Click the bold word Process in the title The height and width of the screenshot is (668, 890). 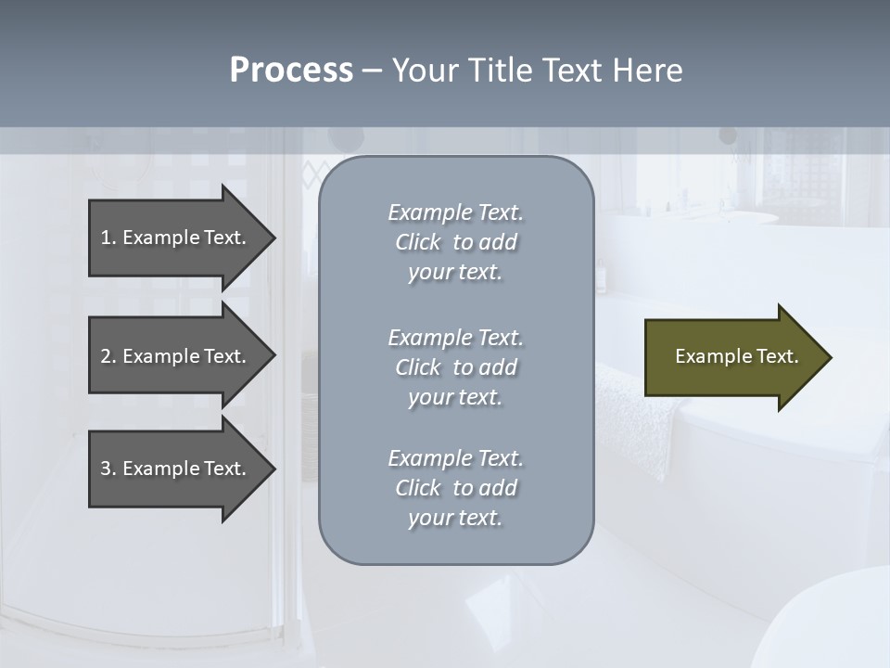click(x=291, y=71)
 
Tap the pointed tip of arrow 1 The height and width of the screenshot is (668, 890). click(x=273, y=238)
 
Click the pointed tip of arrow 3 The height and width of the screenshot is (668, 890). click(x=273, y=469)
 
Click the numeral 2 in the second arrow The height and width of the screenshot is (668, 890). click(x=106, y=356)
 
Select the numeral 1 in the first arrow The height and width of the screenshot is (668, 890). click(x=106, y=238)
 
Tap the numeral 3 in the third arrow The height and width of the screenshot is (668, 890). click(x=106, y=469)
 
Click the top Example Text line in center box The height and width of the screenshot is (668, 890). click(x=455, y=212)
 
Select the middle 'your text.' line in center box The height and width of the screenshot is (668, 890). click(x=454, y=397)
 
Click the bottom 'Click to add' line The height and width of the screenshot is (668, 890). click(x=455, y=488)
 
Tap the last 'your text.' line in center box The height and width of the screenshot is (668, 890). click(x=454, y=518)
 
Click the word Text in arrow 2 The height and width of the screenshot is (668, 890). click(x=223, y=356)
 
